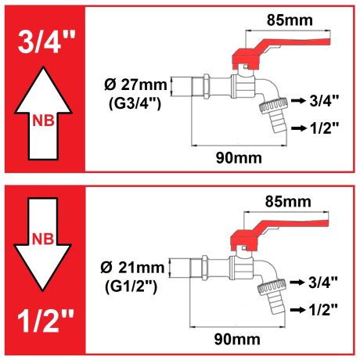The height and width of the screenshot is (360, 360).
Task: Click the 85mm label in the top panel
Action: pos(290,20)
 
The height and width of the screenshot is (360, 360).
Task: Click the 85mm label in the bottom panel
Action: pos(288,202)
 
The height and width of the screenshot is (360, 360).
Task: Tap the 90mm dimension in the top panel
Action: pos(239,158)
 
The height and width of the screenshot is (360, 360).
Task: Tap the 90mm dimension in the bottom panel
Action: pos(237,340)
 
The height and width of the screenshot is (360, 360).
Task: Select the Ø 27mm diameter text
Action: pos(135,85)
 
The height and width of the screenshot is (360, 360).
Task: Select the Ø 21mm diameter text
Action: pos(132,268)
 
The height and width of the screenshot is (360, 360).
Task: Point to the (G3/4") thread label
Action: pos(135,103)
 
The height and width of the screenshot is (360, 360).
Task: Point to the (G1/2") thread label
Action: pos(131,286)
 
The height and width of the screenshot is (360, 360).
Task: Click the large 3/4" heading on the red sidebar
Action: pos(47,41)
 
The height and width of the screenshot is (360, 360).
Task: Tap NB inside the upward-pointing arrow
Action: pos(43,121)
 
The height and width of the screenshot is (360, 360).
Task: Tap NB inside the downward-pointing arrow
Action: pos(43,239)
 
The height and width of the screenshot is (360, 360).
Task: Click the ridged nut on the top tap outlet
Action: pos(273,106)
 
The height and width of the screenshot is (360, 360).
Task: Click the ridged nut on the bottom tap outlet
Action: pos(272,287)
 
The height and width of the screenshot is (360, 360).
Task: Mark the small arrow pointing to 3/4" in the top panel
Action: pos(298,100)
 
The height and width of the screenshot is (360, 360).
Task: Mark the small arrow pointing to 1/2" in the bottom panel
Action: pos(297,310)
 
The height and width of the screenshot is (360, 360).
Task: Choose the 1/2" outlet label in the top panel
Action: pos(324,128)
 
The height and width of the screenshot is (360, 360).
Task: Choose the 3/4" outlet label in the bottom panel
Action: pos(323,283)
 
